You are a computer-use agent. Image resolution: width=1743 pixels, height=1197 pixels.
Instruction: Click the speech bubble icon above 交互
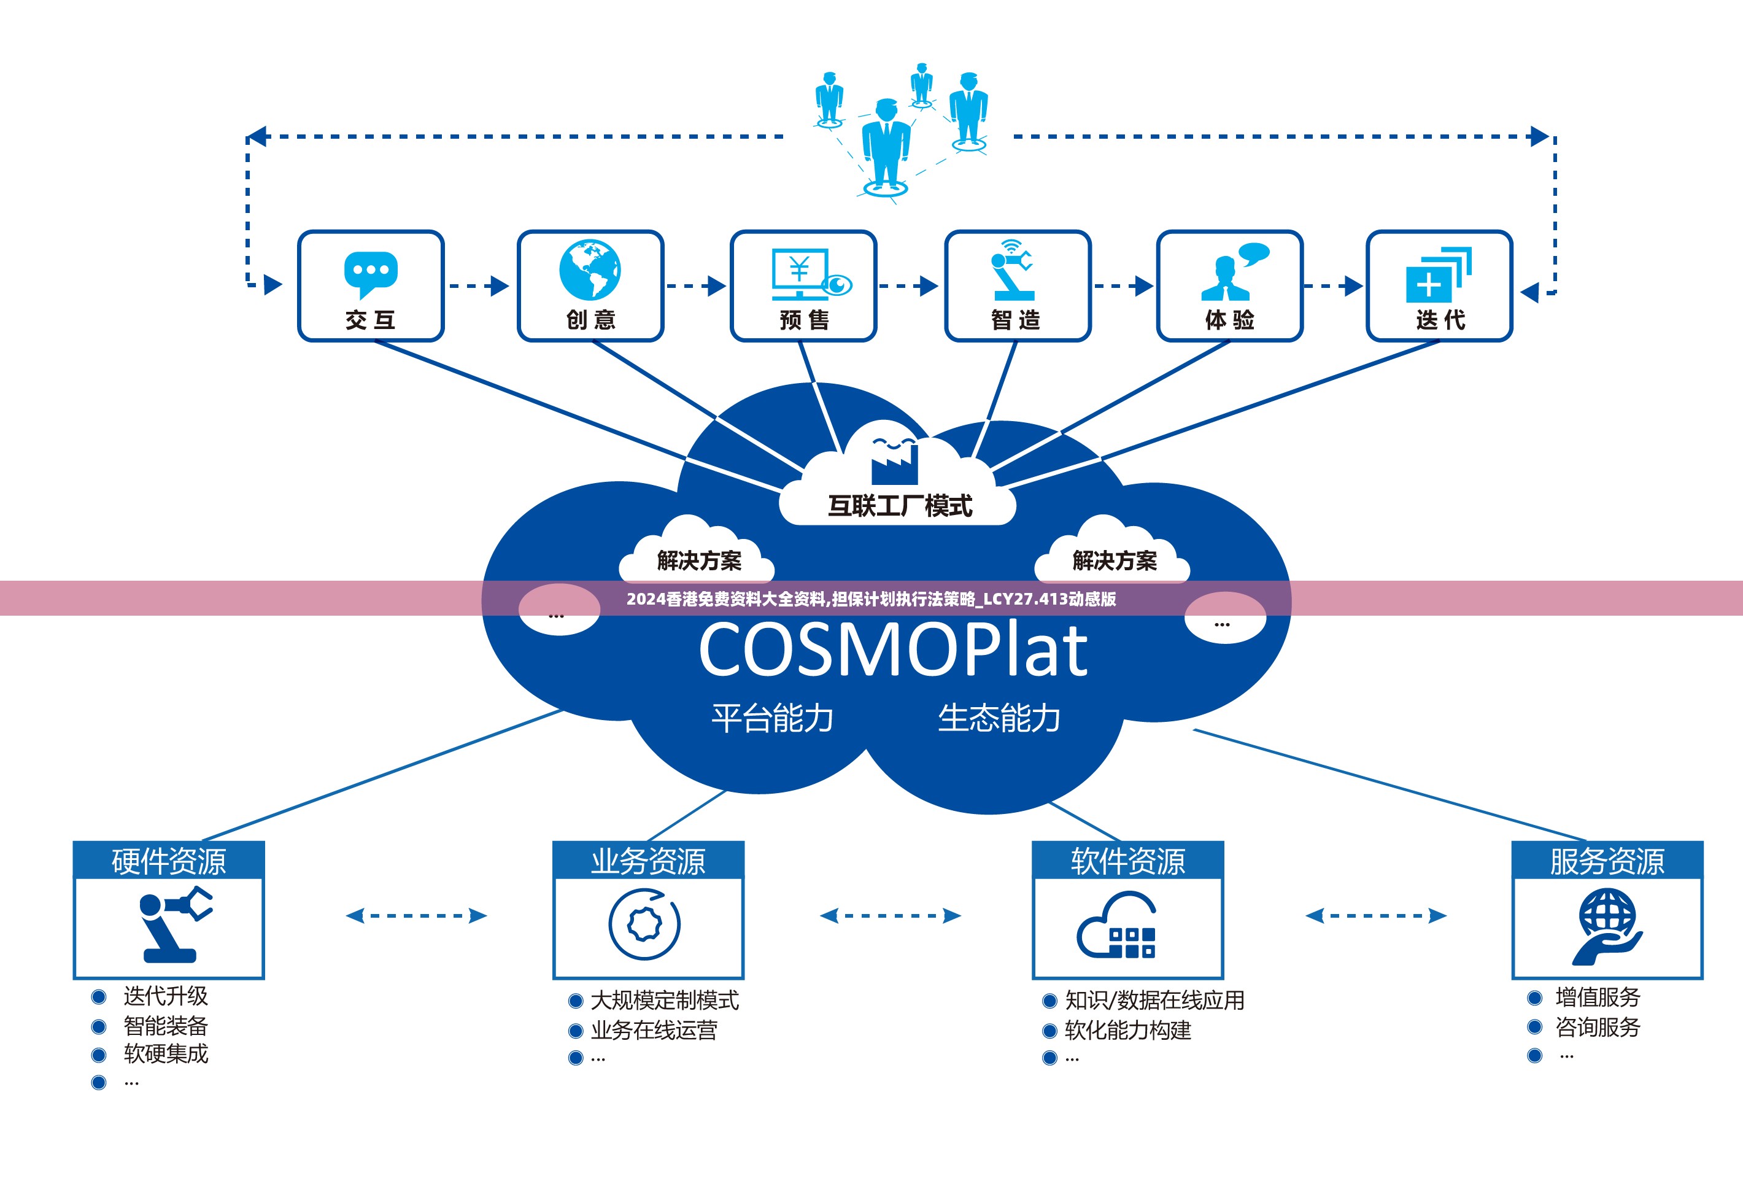coord(371,274)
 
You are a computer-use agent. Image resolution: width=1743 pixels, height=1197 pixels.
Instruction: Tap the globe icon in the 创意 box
coord(590,270)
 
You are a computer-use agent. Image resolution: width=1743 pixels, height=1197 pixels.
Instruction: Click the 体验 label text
coord(1229,320)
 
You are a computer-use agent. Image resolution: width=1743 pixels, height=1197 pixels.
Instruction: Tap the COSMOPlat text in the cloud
coord(892,649)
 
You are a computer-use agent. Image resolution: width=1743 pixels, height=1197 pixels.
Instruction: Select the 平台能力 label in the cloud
coord(773,718)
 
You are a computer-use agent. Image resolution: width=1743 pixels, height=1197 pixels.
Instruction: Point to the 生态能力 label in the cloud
coord(999,718)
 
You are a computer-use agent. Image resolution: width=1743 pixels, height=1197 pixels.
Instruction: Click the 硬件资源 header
coord(169,861)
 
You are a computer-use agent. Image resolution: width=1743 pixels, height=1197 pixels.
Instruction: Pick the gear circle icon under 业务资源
coord(644,924)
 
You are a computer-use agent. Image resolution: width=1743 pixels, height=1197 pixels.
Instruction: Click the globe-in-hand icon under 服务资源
coord(1607,926)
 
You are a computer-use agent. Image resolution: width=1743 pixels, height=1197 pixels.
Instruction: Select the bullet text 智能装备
coord(166,1025)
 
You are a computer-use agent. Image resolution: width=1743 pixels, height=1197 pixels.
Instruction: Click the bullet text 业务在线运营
coord(654,1030)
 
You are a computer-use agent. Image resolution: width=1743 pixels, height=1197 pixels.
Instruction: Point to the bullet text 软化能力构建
coord(1128,1030)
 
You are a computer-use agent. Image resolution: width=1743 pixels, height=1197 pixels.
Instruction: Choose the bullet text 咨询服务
coord(1598,1027)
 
